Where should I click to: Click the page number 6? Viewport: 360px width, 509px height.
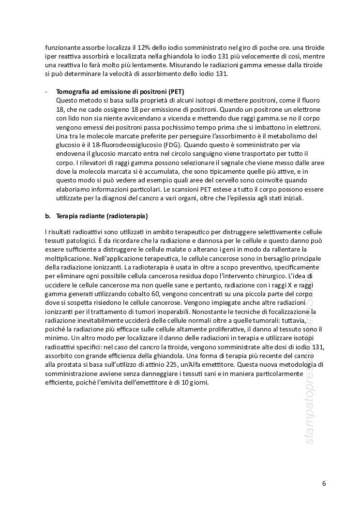point(324,483)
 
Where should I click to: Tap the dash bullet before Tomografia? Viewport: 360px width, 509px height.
point(46,91)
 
